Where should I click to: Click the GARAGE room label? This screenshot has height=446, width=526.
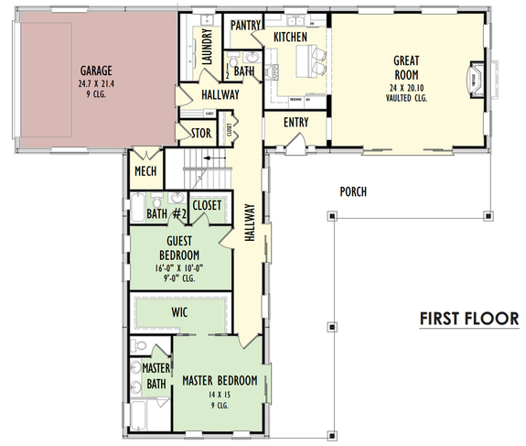coord(95,70)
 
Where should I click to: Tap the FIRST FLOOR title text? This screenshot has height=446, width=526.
coord(469,318)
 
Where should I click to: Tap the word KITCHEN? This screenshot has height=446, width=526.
coord(291,37)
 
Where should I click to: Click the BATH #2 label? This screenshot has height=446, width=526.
coord(167,214)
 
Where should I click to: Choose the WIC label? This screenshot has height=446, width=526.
coord(179,312)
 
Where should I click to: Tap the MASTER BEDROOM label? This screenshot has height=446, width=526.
coord(220,380)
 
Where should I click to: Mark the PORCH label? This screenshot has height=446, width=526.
coord(352,191)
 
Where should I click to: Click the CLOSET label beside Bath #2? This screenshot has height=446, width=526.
coord(207,206)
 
